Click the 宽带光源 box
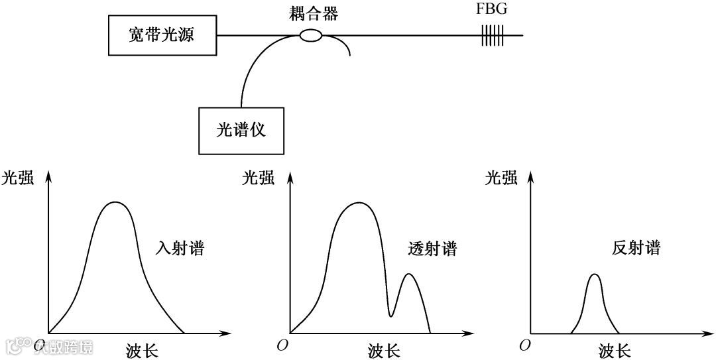pos(162,35)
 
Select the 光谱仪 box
pos(241,130)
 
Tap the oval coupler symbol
pos(311,35)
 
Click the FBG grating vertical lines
pos(491,35)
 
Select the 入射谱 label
pos(178,249)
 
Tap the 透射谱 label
pos(432,249)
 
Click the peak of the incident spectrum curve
pos(115,202)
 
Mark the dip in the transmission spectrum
pos(391,316)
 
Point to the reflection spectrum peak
pos(595,274)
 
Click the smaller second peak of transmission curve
pos(409,274)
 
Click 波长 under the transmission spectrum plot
pos(384,350)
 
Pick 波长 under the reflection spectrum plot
pos(614,350)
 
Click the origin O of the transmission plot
pos(283,345)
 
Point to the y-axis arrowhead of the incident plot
pos(48,174)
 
